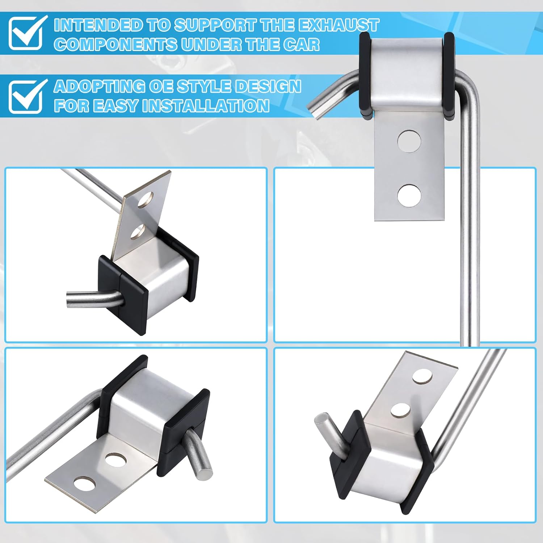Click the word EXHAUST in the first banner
338,25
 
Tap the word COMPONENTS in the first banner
115,45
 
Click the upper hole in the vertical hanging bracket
409,141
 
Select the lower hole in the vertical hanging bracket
409,195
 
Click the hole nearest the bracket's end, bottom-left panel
84,484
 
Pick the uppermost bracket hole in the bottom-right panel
422,377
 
